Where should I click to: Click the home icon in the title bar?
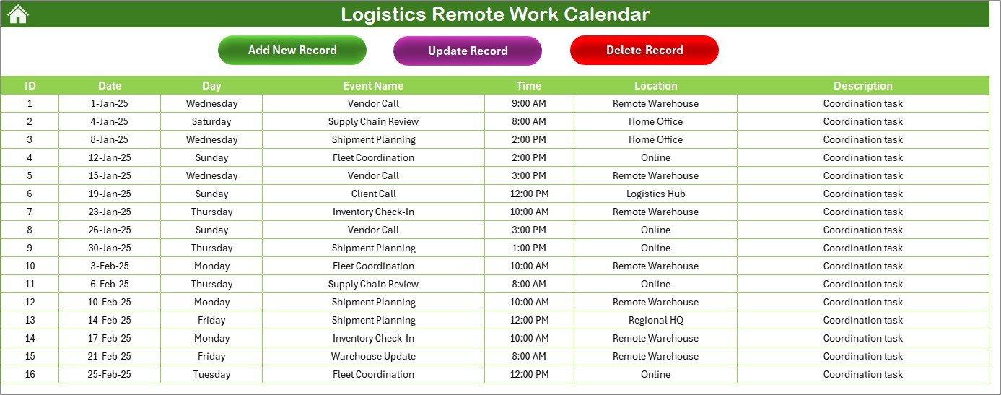[x=18, y=14]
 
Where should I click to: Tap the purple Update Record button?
[x=468, y=51]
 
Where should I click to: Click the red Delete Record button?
[x=644, y=50]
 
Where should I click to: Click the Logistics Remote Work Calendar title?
[x=495, y=14]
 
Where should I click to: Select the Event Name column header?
[x=373, y=85]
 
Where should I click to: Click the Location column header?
[x=655, y=85]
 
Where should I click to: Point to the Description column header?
[x=863, y=85]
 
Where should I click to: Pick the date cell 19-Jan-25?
[x=110, y=194]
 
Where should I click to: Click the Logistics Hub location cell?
[x=655, y=194]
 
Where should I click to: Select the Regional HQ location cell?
[x=655, y=320]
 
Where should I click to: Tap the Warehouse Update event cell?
[x=373, y=356]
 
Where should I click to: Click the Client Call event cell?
[x=373, y=194]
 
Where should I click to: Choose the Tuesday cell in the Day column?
[x=211, y=374]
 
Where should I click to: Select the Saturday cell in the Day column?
[x=211, y=121]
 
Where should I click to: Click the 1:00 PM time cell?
[x=529, y=248]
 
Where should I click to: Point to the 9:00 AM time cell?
[x=529, y=103]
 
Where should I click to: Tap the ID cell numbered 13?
[x=30, y=320]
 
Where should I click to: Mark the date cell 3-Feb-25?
[x=110, y=266]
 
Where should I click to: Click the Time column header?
[x=529, y=85]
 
